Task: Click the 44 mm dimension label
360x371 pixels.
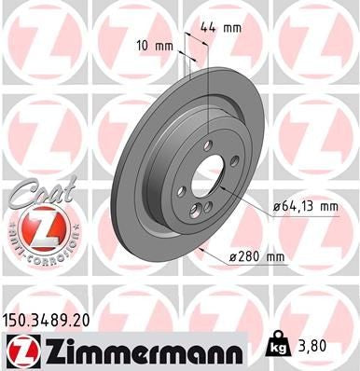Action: click(221, 28)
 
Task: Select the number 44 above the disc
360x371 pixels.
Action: click(209, 28)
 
